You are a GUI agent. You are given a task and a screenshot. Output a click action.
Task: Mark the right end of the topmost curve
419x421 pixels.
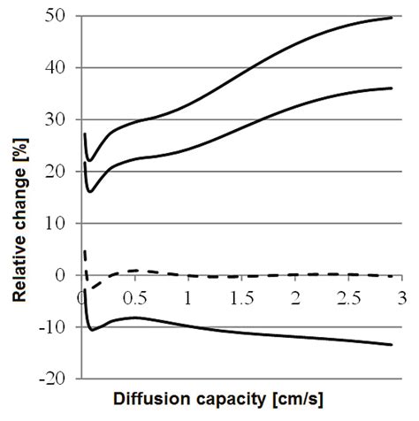tap(392, 18)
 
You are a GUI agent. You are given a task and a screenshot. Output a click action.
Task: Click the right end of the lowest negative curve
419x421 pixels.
tap(392, 345)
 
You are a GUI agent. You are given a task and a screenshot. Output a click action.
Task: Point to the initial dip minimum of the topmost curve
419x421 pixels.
tap(88, 160)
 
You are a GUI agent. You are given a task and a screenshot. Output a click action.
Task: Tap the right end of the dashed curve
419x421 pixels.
tap(392, 276)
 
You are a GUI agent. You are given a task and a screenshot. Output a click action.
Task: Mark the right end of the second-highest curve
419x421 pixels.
tap(392, 88)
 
